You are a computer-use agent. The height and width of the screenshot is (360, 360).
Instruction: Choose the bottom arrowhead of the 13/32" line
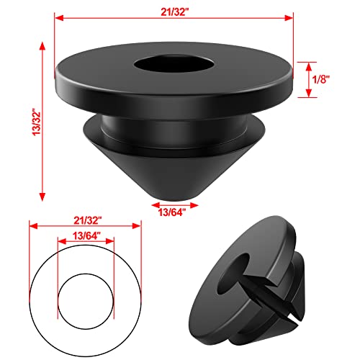42,198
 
